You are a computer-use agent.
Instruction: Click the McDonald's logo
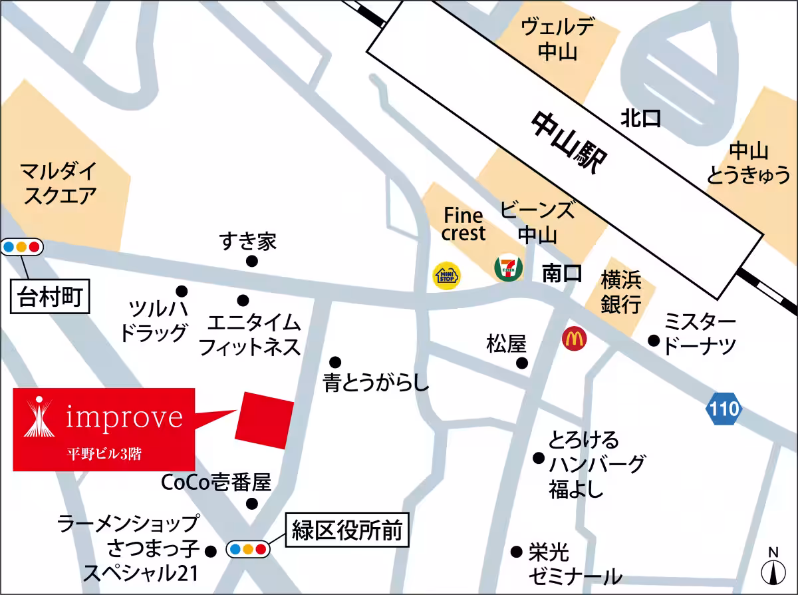coord(574,339)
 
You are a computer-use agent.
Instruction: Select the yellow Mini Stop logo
coord(447,276)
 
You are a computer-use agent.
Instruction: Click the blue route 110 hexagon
coord(724,408)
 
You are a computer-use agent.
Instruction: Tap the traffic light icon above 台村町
coord(22,247)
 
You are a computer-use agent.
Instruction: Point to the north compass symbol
coord(773,569)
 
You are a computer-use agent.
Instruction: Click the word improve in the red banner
coord(124,417)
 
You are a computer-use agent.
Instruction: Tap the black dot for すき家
coord(251,262)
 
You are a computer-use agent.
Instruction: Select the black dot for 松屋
coord(523,363)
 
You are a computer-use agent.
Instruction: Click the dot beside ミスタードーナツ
coord(654,341)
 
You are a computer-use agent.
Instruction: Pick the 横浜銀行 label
coord(621,292)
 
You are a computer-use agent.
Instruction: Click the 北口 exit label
coord(641,119)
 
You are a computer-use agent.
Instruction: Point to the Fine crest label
coord(464,224)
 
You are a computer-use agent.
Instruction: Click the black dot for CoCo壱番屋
coord(251,503)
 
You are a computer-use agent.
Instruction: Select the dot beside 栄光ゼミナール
coord(515,551)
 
